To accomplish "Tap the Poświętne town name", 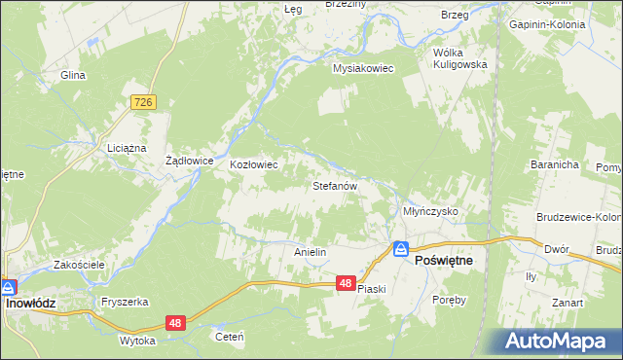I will [x=444, y=261].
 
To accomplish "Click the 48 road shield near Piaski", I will [x=346, y=283].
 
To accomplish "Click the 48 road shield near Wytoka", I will [x=174, y=322].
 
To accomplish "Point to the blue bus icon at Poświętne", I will [x=399, y=249].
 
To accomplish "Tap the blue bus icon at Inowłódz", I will [x=8, y=287].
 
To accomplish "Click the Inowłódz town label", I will [x=31, y=303].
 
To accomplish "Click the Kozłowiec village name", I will [x=253, y=164].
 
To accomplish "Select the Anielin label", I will [x=310, y=251].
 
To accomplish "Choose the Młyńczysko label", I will [x=429, y=210].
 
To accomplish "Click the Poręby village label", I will [x=450, y=300].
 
